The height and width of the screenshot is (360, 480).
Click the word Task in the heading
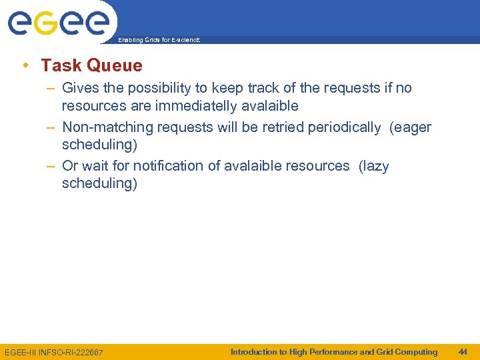click(61, 65)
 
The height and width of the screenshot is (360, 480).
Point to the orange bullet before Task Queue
click(25, 65)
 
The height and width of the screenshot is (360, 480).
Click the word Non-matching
click(105, 127)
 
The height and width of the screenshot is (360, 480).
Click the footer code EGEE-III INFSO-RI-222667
click(53, 352)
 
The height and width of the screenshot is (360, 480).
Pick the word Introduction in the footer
click(253, 352)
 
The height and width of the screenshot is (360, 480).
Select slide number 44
click(463, 352)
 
